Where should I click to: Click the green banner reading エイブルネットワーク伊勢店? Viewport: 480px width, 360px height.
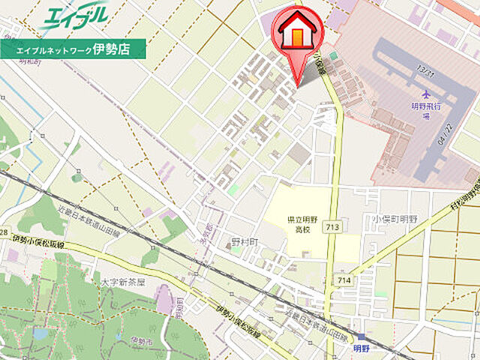[x=73, y=49]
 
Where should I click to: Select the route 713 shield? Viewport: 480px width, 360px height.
[x=331, y=226]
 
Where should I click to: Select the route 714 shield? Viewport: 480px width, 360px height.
[x=344, y=280]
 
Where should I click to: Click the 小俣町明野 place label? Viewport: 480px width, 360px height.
[x=394, y=219]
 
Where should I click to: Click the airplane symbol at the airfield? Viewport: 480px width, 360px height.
[x=427, y=94]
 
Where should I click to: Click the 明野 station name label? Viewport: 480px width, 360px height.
[x=361, y=348]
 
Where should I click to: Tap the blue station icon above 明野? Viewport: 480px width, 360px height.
[x=361, y=337]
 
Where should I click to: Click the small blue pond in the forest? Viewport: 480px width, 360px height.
[x=40, y=334]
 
